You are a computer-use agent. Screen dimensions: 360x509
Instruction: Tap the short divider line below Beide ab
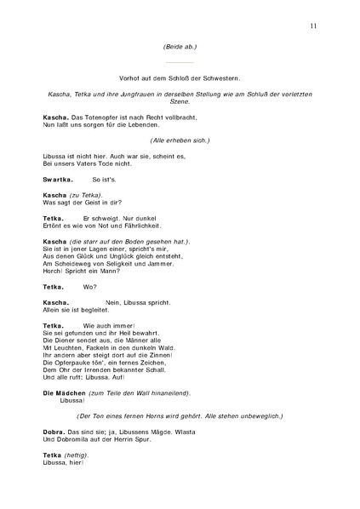(x=180, y=62)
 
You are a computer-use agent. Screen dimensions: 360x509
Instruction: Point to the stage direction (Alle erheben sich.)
(x=180, y=140)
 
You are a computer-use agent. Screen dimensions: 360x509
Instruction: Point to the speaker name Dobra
(x=55, y=432)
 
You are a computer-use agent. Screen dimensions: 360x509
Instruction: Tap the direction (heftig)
(x=77, y=455)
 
